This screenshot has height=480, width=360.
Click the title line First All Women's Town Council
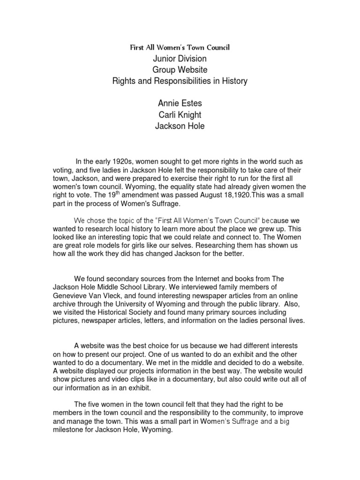click(180, 47)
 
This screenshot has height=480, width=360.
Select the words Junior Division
click(180, 59)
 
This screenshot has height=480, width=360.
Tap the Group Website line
click(180, 70)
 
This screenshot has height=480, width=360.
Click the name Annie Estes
click(180, 104)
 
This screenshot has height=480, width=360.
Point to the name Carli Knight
click(180, 115)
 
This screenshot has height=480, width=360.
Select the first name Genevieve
click(71, 295)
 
